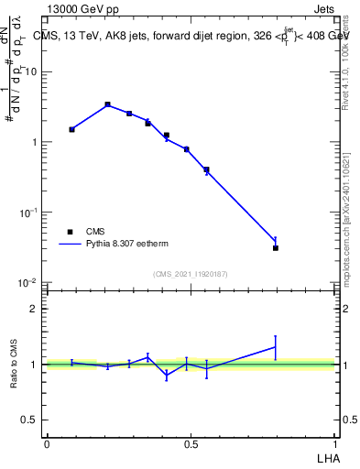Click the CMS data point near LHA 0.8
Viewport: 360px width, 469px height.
(276, 247)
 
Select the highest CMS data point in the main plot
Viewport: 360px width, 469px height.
(107, 104)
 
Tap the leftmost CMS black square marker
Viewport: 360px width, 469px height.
(71, 129)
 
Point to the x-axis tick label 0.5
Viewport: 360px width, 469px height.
(191, 444)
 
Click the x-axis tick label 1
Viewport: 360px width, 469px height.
(335, 444)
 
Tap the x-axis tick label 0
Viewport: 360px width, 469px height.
(47, 444)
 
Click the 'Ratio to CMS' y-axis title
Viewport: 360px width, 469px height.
(15, 364)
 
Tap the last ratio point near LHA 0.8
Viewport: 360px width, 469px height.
(276, 347)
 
